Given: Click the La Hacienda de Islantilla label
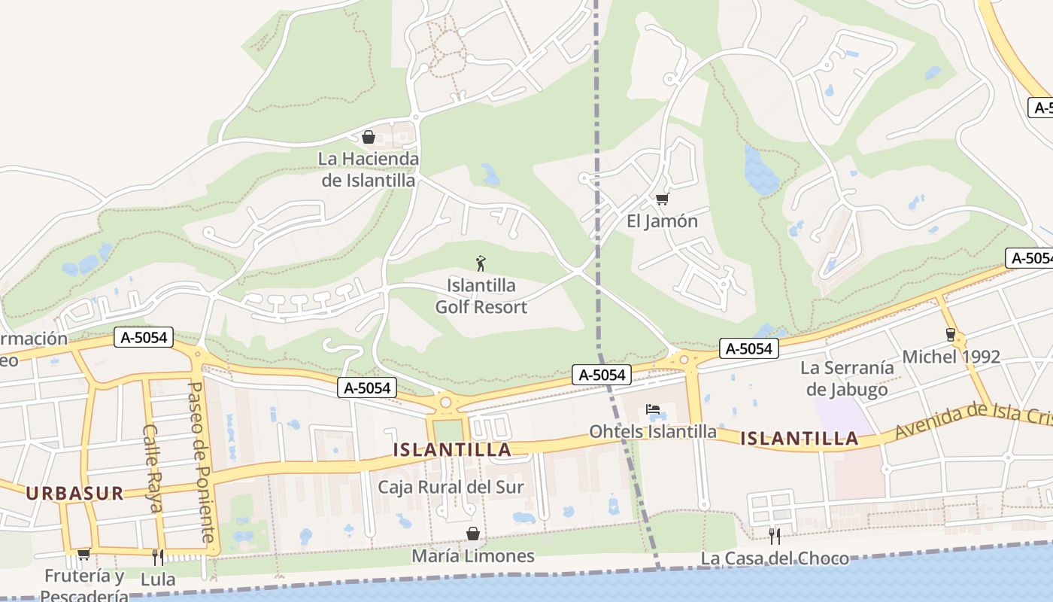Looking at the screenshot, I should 369,170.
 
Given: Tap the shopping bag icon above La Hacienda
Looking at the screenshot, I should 369,137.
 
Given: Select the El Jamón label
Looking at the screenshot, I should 662,221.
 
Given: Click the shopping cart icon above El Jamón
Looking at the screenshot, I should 662,199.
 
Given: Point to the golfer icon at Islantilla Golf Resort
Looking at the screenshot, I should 481,263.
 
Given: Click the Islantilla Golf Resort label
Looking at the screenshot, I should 481,296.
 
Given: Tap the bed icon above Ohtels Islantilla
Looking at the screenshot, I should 652,409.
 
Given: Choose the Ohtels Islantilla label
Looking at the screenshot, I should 652,432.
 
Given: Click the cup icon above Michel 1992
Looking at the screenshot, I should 951,334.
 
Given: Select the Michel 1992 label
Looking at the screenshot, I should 951,357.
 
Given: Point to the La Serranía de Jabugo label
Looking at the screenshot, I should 847,379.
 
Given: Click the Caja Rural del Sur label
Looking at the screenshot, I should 451,487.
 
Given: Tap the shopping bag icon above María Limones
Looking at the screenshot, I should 473,534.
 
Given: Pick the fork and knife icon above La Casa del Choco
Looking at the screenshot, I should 774,536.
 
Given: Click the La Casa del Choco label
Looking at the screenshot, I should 774,558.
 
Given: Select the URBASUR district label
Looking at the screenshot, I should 74,494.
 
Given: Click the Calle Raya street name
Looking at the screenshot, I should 152,468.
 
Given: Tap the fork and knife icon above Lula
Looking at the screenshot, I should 158,557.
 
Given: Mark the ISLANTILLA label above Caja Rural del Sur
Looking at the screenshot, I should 452,450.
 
